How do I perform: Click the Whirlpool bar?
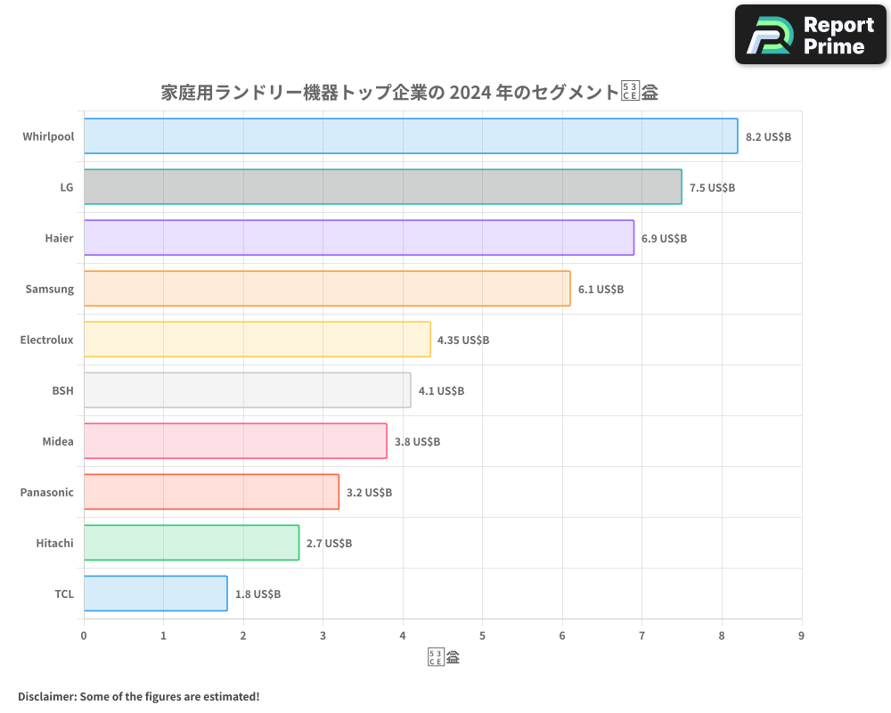pyautogui.click(x=411, y=136)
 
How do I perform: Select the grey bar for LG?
pyautogui.click(x=383, y=187)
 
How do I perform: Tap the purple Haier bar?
pyautogui.click(x=359, y=238)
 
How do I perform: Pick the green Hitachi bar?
pyautogui.click(x=192, y=543)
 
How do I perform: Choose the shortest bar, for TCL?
pyautogui.click(x=156, y=594)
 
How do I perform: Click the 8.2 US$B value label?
pyautogui.click(x=768, y=137)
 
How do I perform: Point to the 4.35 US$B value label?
pyautogui.click(x=463, y=340)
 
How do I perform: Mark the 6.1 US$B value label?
pyautogui.click(x=601, y=290)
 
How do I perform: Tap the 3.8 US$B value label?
pyautogui.click(x=417, y=442)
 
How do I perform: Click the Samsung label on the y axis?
pyautogui.click(x=49, y=289)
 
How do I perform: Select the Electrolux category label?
pyautogui.click(x=46, y=340)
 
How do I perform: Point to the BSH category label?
pyautogui.click(x=62, y=390)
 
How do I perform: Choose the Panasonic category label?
pyautogui.click(x=46, y=492)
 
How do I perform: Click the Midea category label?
pyautogui.click(x=58, y=441)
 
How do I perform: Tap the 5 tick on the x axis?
pyautogui.click(x=482, y=635)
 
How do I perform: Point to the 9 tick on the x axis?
pyautogui.click(x=801, y=635)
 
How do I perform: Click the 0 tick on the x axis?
pyautogui.click(x=84, y=635)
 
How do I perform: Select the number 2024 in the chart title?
pyautogui.click(x=470, y=93)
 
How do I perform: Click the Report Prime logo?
pyautogui.click(x=810, y=35)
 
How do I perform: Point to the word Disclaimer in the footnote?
pyautogui.click(x=45, y=696)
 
